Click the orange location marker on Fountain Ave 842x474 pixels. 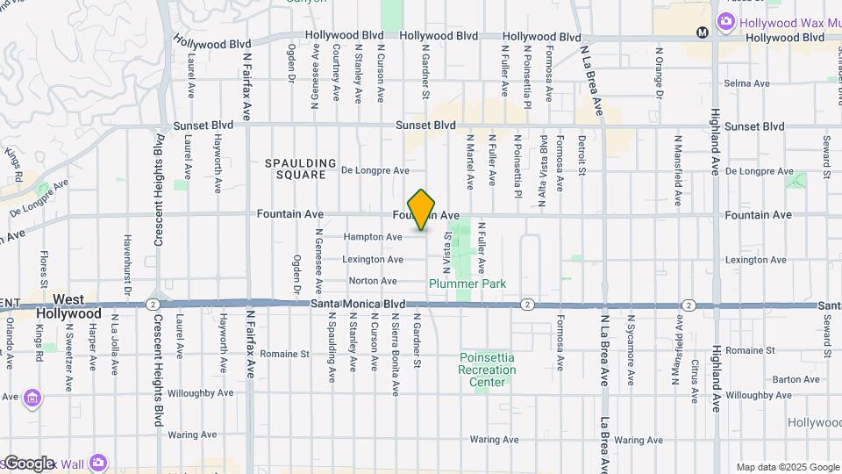pos(422,210)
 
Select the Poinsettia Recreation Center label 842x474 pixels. pos(487,370)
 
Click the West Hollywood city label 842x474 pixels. pos(68,306)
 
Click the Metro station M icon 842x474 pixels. pos(702,32)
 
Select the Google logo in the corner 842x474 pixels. pos(29,463)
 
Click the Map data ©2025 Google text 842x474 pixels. pos(788,467)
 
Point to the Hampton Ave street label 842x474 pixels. pos(373,237)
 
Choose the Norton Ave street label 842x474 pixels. pos(373,281)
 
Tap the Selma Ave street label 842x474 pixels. pos(746,84)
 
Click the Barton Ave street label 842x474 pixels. pos(796,379)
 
